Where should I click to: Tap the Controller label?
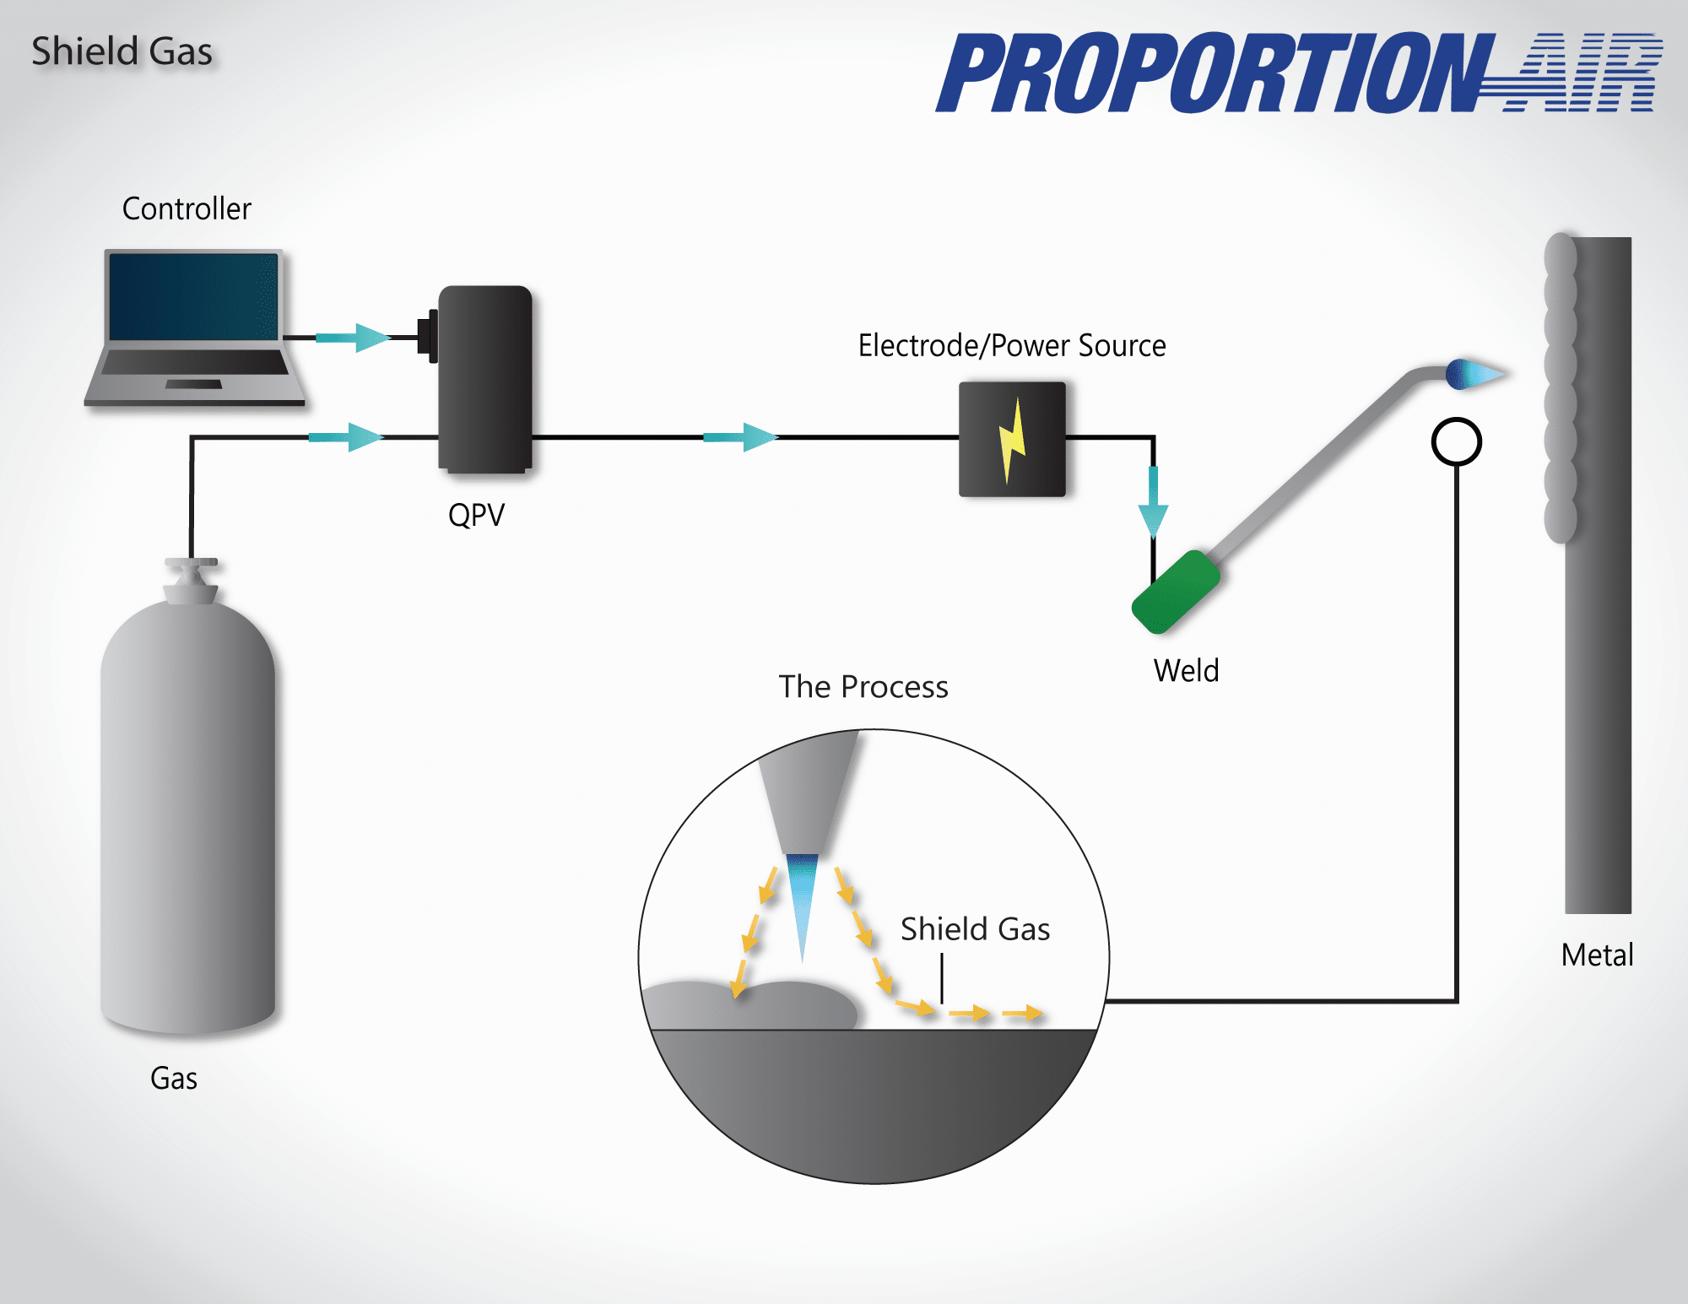pos(187,208)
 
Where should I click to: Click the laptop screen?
pos(193,296)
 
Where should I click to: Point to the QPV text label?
pos(476,514)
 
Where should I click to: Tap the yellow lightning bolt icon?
pos(1012,439)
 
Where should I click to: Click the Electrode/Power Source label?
pos(1012,345)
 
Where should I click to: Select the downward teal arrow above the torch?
pos(1153,503)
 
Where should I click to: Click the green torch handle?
pos(1176,592)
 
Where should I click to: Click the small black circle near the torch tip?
pos(1457,441)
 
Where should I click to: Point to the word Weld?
pos(1186,670)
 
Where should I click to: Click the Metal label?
pos(1597,955)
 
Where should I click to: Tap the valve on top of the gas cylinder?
pos(192,580)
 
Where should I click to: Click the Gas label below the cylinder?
pos(174,1078)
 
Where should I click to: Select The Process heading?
pos(863,686)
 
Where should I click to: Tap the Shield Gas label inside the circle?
pos(975,928)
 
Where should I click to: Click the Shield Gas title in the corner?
pos(122,51)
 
